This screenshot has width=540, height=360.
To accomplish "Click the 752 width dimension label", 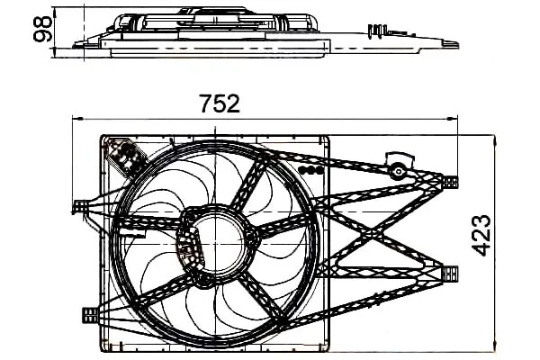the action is click(x=220, y=103).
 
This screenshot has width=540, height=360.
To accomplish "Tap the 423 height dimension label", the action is click(x=482, y=235).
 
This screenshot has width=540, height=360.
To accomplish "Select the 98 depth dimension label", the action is click(x=42, y=29).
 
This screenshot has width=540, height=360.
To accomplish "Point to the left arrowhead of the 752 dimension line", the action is click(x=77, y=119).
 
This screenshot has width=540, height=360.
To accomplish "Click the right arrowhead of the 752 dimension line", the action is click(x=452, y=119).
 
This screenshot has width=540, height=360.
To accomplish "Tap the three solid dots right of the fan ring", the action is click(x=311, y=170).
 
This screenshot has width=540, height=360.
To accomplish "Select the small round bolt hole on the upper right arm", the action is click(x=399, y=171).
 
